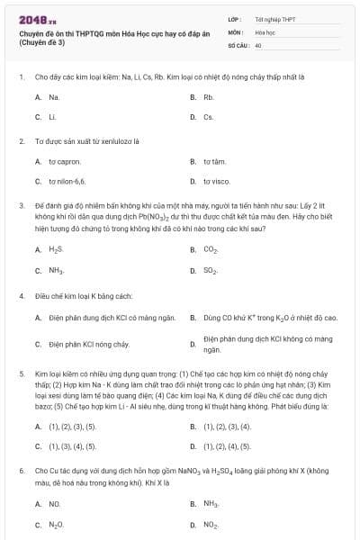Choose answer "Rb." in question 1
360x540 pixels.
pos(208,96)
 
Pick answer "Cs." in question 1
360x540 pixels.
pos(208,117)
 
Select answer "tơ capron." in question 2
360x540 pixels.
pos(65,161)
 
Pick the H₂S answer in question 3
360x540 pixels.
pos(56,249)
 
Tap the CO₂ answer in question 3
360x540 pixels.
pos(211,249)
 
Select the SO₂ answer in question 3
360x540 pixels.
pos(211,270)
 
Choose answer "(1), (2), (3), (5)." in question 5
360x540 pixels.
pos(73,426)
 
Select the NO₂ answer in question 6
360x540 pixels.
pos(211,524)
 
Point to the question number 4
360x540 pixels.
pos(21,295)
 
